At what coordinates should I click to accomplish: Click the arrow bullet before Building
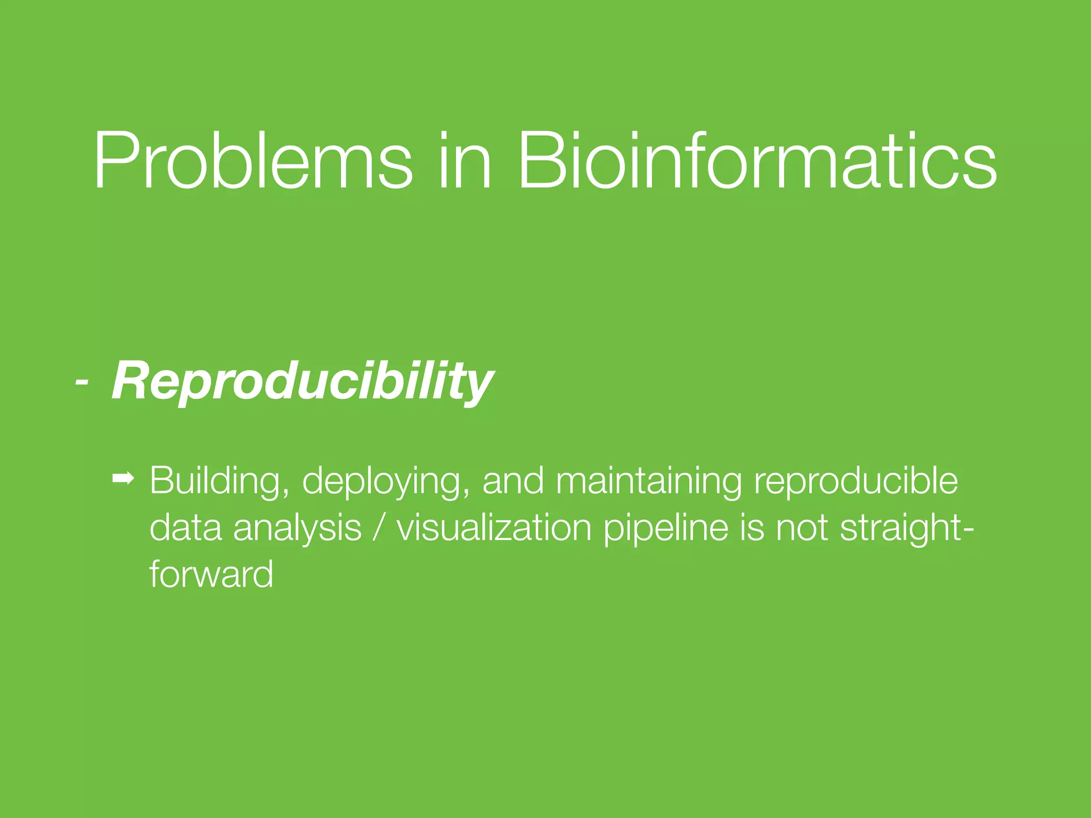coord(124,479)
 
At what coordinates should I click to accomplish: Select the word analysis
coord(297,529)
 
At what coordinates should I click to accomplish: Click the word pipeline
coord(665,529)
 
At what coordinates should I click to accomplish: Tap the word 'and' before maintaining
coord(513,481)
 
